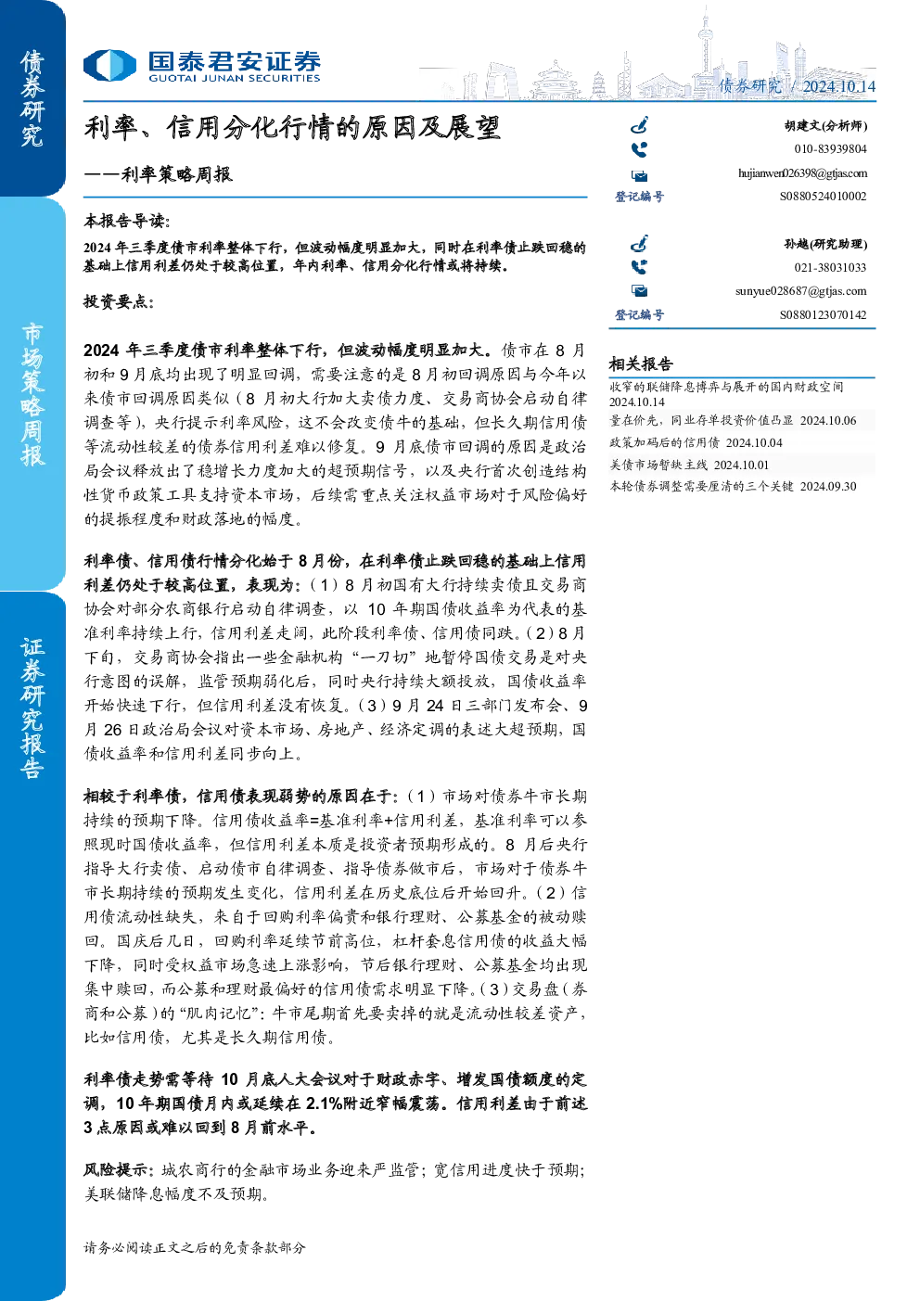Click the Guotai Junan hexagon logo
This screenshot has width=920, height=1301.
[x=109, y=65]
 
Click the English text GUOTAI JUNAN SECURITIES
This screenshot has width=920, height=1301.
[x=234, y=79]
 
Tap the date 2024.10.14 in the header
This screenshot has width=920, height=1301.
[x=838, y=86]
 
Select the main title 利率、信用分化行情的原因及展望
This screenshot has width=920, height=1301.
[x=292, y=128]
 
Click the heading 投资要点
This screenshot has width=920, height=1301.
[x=119, y=301]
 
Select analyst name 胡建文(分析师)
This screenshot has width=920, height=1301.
[x=825, y=126]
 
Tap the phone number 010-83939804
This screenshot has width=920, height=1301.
[x=830, y=149]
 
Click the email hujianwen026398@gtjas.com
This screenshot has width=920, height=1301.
[x=802, y=173]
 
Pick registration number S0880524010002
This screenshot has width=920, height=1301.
[x=823, y=197]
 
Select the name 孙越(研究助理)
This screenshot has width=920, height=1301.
[x=825, y=245]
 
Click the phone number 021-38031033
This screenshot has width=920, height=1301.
[x=830, y=268]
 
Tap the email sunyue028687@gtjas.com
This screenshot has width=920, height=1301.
[x=801, y=291]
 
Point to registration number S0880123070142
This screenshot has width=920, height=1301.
[x=823, y=314]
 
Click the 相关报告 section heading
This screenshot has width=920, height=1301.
[x=641, y=364]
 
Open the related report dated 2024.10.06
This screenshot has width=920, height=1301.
[x=733, y=420]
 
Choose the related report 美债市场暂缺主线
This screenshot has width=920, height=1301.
[x=689, y=465]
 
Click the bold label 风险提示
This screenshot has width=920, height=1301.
[x=119, y=1169]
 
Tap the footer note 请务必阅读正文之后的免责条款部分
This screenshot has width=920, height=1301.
[x=195, y=1247]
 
